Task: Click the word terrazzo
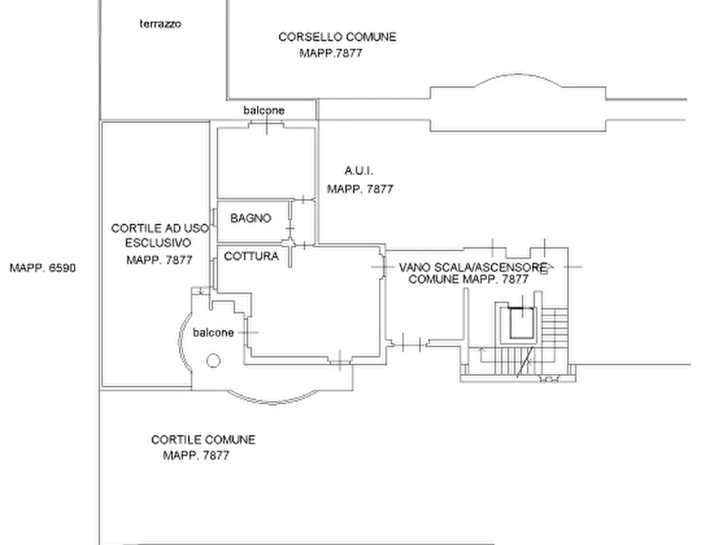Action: click(160, 24)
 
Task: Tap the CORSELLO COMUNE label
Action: click(337, 37)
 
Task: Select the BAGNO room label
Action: click(251, 218)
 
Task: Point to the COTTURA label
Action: click(252, 256)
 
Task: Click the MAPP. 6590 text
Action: click(42, 268)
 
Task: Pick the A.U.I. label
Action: click(358, 171)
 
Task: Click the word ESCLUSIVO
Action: click(158, 243)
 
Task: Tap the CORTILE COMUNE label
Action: click(203, 440)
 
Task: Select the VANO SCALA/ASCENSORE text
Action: click(472, 268)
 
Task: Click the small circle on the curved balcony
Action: click(212, 360)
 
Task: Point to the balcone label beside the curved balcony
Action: click(213, 333)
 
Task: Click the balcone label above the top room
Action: click(264, 111)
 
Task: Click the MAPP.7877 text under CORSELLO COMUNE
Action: click(331, 54)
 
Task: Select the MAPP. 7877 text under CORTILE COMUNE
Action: click(196, 456)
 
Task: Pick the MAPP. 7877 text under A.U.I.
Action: click(361, 189)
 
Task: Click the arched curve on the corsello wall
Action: click(518, 75)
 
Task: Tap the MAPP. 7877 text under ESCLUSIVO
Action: click(160, 260)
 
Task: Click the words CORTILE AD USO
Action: click(160, 229)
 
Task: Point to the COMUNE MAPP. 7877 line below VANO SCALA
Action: click(468, 279)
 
